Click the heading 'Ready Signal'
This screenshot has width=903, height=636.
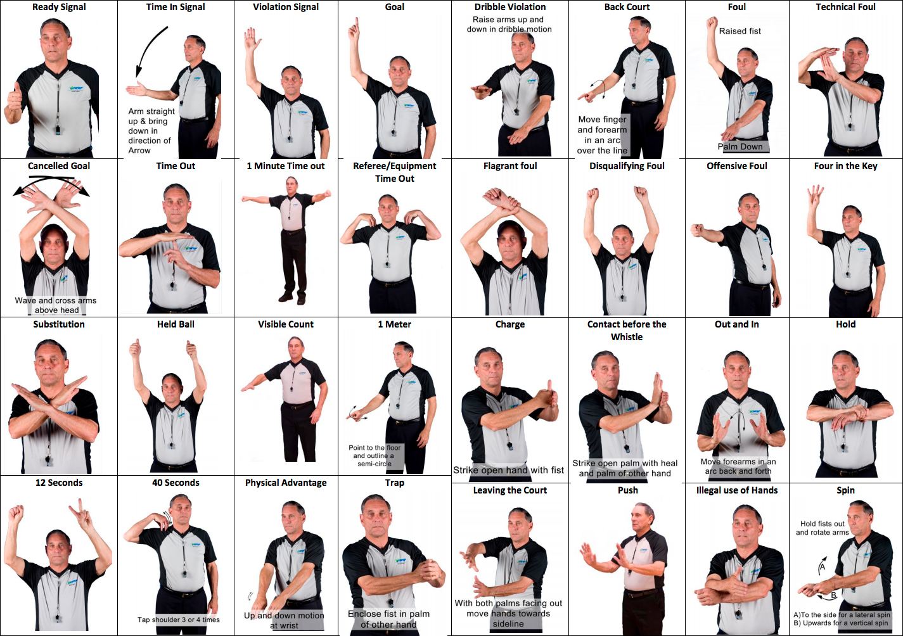[x=59, y=7]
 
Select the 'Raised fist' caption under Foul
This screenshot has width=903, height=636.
[x=740, y=31]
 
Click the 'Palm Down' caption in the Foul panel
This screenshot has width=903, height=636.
[x=740, y=147]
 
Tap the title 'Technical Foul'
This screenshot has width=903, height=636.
[x=845, y=7]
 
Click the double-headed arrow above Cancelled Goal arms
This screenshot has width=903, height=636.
[x=51, y=183]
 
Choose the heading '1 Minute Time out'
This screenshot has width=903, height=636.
[x=285, y=166]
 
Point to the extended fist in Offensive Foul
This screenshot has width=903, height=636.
[x=698, y=231]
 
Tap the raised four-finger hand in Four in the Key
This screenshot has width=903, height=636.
[x=815, y=196]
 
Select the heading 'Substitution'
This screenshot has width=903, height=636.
[x=59, y=324]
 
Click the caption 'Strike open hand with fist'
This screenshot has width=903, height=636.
[x=508, y=471]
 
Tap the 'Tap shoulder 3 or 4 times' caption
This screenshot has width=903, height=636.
[x=178, y=620]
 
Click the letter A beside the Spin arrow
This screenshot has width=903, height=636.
[x=823, y=567]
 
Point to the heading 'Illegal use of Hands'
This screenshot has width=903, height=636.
[x=736, y=490]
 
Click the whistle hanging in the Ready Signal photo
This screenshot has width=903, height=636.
[x=58, y=130]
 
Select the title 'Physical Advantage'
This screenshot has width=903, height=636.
[x=285, y=483]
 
